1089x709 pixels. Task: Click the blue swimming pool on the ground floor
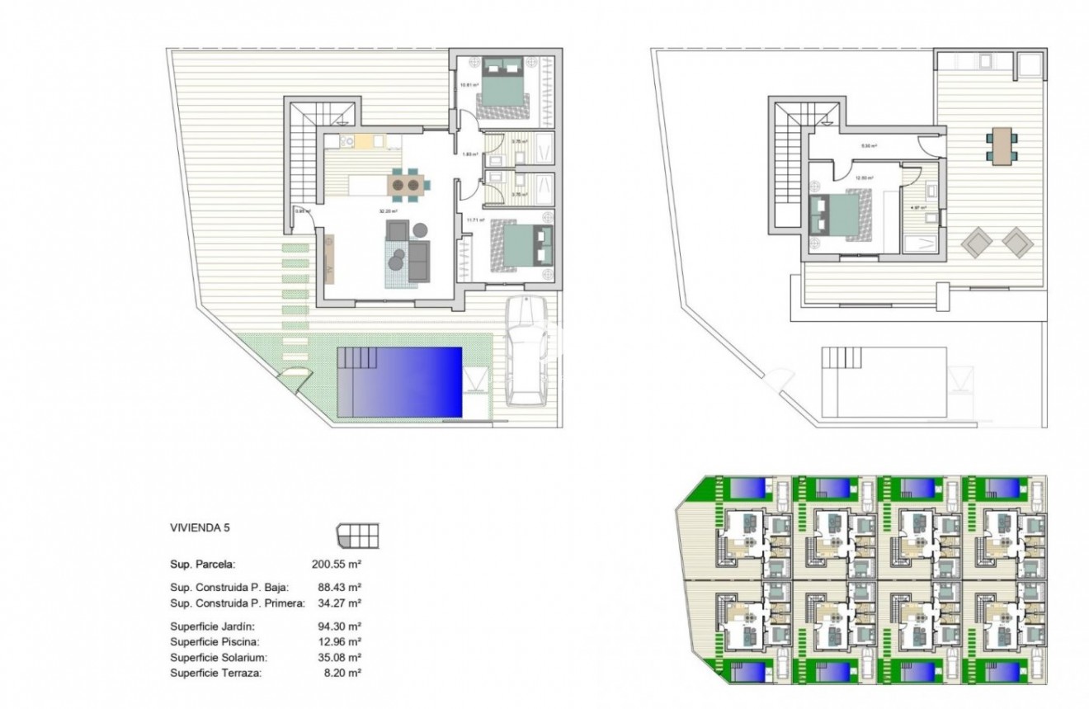click(399, 382)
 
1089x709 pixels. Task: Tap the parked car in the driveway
click(527, 350)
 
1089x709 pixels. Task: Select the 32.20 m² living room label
click(384, 211)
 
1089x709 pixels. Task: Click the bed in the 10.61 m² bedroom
click(502, 81)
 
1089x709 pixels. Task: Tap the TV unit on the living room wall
click(330, 258)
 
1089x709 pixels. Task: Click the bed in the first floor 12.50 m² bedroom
click(839, 215)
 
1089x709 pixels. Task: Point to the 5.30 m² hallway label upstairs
click(869, 145)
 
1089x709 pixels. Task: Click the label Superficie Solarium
click(208, 658)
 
